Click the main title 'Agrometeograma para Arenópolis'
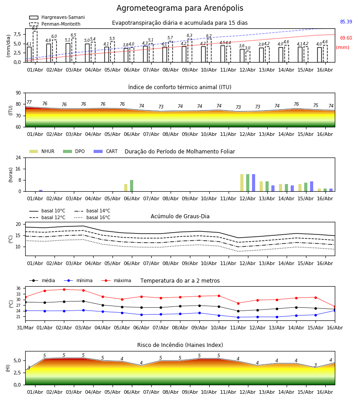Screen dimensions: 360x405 180,8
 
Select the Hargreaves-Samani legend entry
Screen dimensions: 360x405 57,17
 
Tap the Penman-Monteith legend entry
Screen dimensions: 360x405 55,24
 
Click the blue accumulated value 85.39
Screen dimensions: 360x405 346,22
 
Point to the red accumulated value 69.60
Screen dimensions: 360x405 346,38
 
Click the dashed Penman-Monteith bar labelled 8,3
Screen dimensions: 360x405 35,46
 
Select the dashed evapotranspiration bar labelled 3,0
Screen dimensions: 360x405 247,57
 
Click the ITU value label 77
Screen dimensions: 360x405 29,102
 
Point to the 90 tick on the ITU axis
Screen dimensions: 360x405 18,93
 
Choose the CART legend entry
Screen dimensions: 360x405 106,151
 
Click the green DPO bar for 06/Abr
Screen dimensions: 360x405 132,186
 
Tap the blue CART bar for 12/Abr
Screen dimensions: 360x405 254,183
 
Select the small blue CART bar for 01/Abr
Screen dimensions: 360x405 41,191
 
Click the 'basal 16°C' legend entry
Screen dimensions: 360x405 92,217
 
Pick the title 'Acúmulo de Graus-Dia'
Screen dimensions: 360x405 180,216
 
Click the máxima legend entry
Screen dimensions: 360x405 116,280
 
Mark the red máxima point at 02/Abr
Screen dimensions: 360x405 64,289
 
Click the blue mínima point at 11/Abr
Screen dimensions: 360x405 238,317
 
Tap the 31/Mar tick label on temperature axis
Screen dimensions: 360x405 25,328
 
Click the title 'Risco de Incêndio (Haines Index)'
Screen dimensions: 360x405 180,345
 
